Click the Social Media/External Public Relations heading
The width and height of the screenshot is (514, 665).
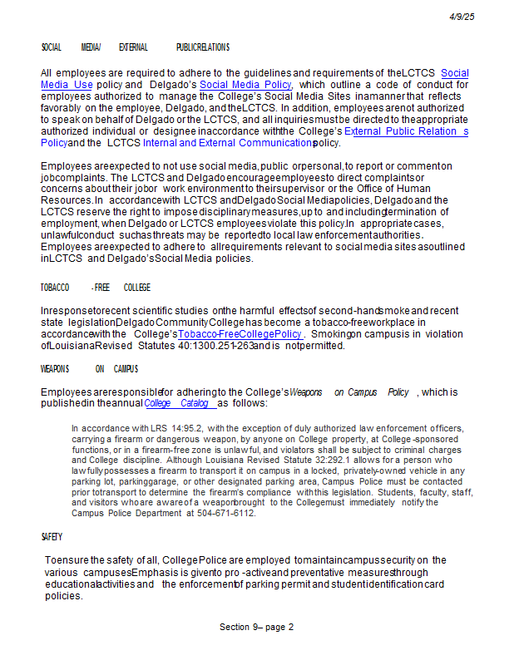(135, 47)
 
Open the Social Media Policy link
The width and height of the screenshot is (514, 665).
(245, 85)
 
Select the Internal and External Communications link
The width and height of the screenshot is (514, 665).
(226, 143)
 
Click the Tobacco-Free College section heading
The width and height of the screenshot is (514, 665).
(96, 288)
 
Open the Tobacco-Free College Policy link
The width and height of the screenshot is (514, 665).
(240, 334)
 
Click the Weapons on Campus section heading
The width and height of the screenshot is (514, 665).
(89, 369)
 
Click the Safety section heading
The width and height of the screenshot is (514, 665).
(51, 538)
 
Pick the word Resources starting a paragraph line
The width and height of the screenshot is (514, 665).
(66, 200)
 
